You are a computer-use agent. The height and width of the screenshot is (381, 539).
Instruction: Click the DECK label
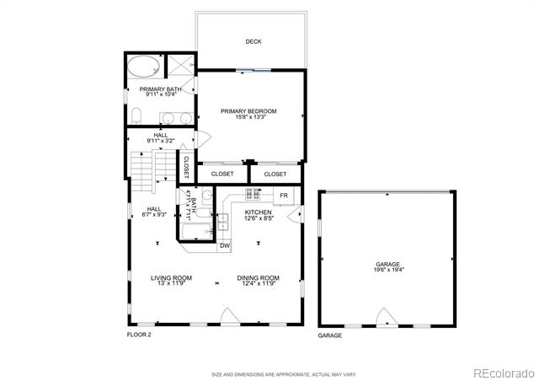pyautogui.click(x=253, y=41)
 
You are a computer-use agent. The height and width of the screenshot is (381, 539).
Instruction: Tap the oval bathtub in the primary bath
pyautogui.click(x=144, y=67)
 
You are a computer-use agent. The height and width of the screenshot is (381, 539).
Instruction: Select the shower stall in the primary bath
pyautogui.click(x=181, y=65)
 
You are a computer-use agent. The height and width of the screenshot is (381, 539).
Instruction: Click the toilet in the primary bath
pyautogui.click(x=136, y=116)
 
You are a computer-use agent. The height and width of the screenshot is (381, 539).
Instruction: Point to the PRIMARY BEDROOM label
pyautogui.click(x=248, y=111)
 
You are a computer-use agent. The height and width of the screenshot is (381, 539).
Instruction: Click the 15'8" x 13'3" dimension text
pyautogui.click(x=251, y=117)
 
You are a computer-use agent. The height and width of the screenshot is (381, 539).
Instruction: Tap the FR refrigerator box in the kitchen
pyautogui.click(x=284, y=196)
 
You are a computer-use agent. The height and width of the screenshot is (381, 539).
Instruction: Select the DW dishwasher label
pyautogui.click(x=225, y=246)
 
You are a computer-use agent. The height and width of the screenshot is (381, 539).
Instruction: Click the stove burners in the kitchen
pyautogui.click(x=253, y=194)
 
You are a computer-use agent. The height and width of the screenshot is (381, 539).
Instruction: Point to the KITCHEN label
pyautogui.click(x=259, y=212)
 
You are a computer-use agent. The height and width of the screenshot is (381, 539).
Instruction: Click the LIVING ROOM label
pyautogui.click(x=171, y=278)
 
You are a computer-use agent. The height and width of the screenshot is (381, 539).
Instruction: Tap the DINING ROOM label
pyautogui.click(x=259, y=278)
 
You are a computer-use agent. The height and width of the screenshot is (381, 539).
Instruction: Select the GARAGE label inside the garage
pyautogui.click(x=387, y=265)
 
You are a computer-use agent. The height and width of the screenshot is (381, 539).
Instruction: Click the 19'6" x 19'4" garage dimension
pyautogui.click(x=389, y=270)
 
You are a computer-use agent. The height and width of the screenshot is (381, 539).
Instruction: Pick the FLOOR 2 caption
pyautogui.click(x=139, y=335)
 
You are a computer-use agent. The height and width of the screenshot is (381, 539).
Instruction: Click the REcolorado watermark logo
pyautogui.click(x=504, y=373)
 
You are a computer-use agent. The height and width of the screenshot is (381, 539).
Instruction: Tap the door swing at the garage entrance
pyautogui.click(x=387, y=317)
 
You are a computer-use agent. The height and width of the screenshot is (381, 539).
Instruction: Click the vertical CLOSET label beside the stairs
pyautogui.click(x=186, y=167)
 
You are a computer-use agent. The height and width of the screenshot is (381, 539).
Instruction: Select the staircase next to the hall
pyautogui.click(x=153, y=171)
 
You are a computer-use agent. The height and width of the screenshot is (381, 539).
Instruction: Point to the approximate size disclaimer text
pyautogui.click(x=284, y=374)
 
